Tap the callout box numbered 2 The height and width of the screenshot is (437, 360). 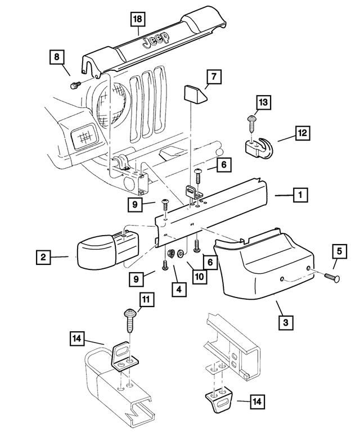pyautogui.click(x=43, y=258)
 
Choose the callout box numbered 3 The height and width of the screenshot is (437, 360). pyautogui.click(x=286, y=322)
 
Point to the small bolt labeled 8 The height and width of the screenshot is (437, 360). pyautogui.click(x=74, y=85)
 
